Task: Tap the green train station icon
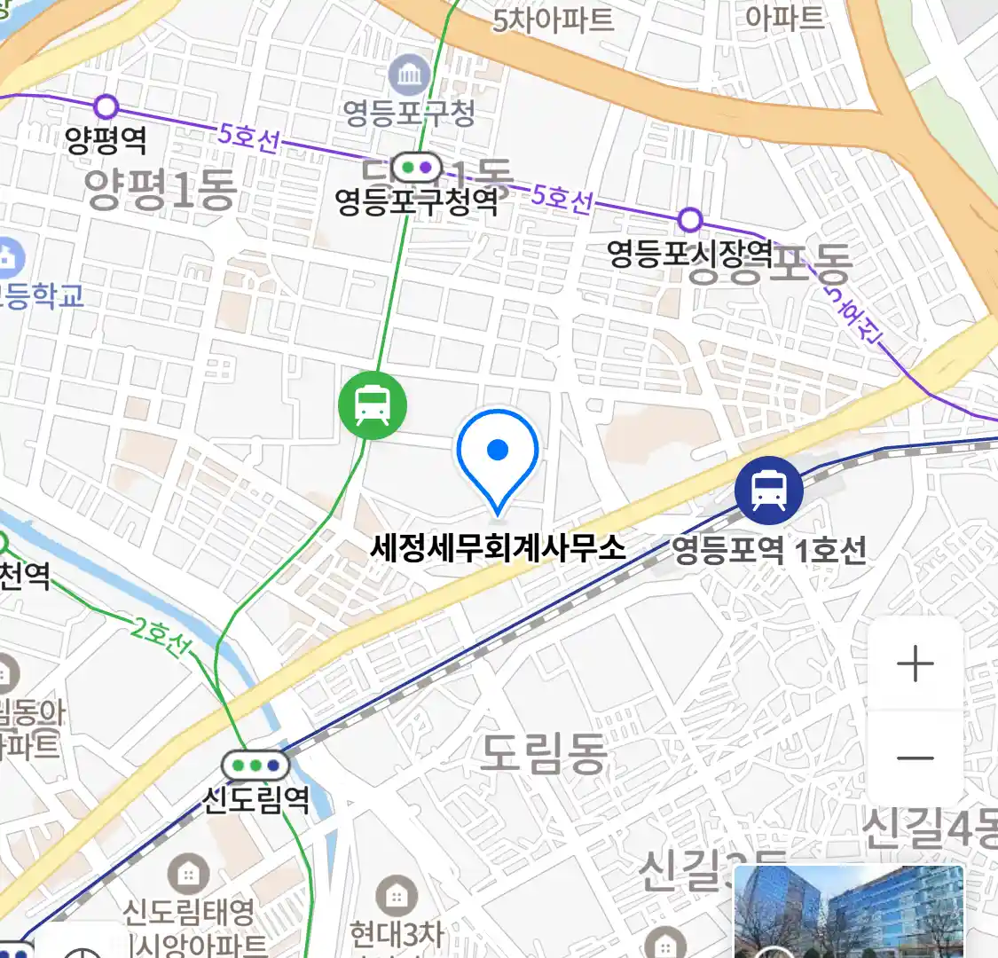pyautogui.click(x=373, y=406)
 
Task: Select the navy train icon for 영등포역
pyautogui.click(x=769, y=490)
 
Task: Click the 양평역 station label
pyautogui.click(x=106, y=140)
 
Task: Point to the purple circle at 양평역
pyautogui.click(x=106, y=107)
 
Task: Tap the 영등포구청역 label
pyautogui.click(x=416, y=202)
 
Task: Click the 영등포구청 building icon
pyautogui.click(x=410, y=75)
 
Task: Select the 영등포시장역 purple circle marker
pyautogui.click(x=689, y=219)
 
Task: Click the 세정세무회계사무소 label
pyautogui.click(x=498, y=546)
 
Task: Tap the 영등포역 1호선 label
pyautogui.click(x=769, y=550)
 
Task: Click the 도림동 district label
pyautogui.click(x=543, y=753)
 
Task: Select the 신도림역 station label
pyautogui.click(x=256, y=799)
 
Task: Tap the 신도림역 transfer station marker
pyautogui.click(x=256, y=765)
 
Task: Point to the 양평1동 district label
pyautogui.click(x=161, y=189)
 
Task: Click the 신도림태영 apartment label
pyautogui.click(x=188, y=911)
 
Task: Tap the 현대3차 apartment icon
pyautogui.click(x=397, y=897)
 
